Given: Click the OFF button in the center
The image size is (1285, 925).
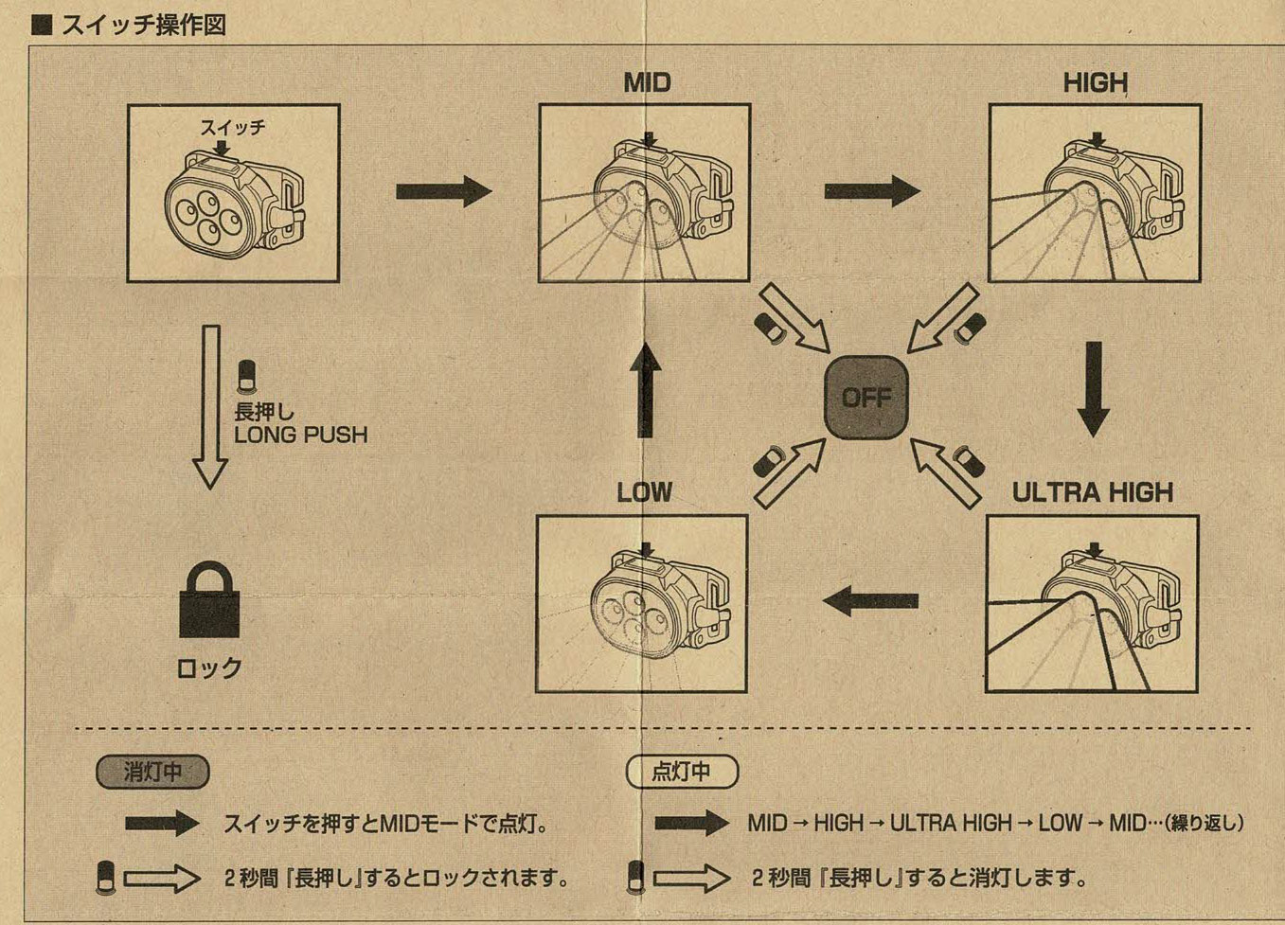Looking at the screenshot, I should (x=866, y=397).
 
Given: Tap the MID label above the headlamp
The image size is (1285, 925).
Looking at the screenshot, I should (x=647, y=83).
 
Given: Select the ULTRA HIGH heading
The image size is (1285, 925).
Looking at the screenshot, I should (x=1093, y=492).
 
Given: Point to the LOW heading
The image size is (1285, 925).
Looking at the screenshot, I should (x=644, y=492).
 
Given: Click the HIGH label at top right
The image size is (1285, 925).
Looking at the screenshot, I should (x=1096, y=83).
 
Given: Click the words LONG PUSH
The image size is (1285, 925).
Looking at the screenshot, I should (x=300, y=436).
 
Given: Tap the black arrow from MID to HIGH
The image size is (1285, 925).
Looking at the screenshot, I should (x=871, y=191).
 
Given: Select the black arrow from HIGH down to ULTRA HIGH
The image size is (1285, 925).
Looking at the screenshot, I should (x=1094, y=388).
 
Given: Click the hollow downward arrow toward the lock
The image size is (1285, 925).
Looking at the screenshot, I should (x=210, y=407).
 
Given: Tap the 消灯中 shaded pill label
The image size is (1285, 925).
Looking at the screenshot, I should (x=152, y=772).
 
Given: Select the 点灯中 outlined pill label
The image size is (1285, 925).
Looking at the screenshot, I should (x=681, y=772).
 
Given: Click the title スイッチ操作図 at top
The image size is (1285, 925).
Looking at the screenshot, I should (x=142, y=25).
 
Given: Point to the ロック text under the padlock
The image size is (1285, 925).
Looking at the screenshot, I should (x=209, y=668).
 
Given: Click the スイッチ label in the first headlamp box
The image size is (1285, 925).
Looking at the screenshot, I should (x=232, y=127).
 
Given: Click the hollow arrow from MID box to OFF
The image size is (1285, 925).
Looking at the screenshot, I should (x=795, y=318).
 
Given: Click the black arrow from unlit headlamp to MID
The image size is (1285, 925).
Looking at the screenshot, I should (x=443, y=191).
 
